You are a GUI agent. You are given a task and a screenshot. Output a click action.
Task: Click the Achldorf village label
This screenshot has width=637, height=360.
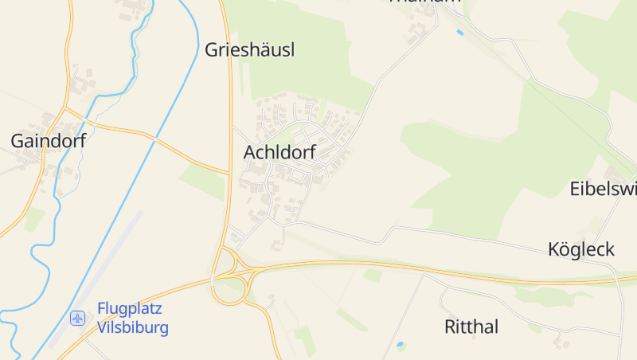coord(279,151)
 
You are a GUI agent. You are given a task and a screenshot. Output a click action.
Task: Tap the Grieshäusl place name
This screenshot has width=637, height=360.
coord(250,50)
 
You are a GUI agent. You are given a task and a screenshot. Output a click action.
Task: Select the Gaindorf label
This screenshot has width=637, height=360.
coord(48,142)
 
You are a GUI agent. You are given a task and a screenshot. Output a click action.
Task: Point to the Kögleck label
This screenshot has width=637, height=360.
coord(581,249)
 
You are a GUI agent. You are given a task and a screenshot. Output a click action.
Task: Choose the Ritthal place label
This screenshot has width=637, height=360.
coord(471,327)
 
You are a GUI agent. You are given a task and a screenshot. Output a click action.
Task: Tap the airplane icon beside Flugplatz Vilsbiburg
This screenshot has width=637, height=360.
coord(78,318)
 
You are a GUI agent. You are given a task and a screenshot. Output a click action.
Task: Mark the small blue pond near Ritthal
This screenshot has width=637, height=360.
coord(400,346)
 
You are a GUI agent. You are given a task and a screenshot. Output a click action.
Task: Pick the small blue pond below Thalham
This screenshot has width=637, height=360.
coord(459,33)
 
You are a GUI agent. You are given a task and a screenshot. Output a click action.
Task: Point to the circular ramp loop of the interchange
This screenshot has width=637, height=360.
coord(227,290)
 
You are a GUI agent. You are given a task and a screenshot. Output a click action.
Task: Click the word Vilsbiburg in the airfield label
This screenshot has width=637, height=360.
coord(132,327)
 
